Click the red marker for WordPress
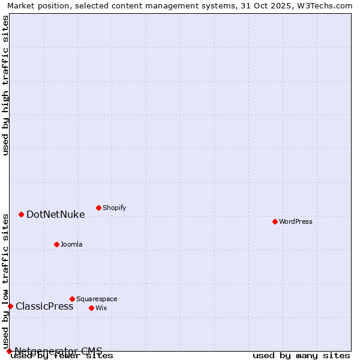click(275, 221)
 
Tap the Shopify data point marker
click(98, 208)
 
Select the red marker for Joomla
click(56, 244)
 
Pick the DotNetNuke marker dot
click(21, 214)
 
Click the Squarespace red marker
click(72, 299)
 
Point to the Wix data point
click(91, 308)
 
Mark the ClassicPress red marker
click(10, 306)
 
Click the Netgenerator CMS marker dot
click(9, 351)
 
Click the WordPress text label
click(296, 221)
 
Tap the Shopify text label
click(114, 208)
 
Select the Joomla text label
click(71, 244)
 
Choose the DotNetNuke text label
click(55, 214)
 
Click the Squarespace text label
click(97, 299)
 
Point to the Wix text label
click(101, 308)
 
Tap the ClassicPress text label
click(44, 306)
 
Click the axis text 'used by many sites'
click(301, 355)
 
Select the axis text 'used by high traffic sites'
click(5, 85)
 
